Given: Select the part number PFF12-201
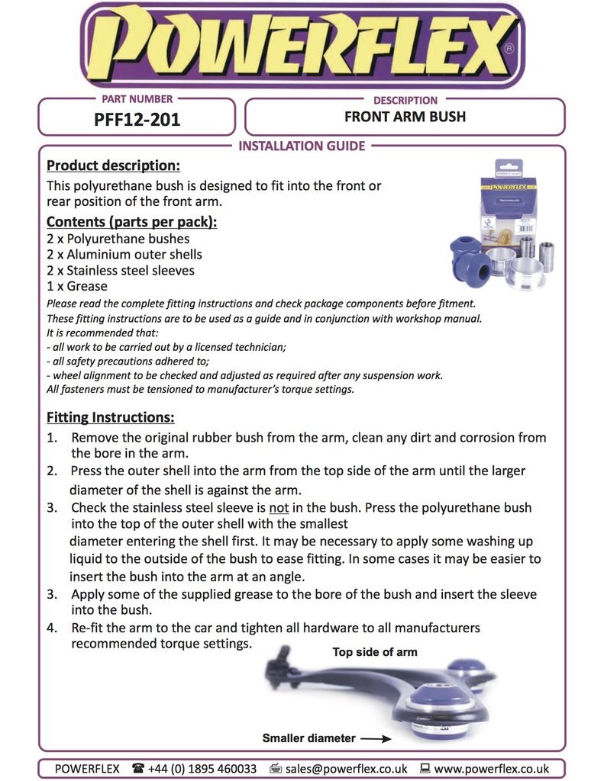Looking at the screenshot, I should pyautogui.click(x=137, y=119).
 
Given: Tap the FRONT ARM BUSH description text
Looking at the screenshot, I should pyautogui.click(x=405, y=117).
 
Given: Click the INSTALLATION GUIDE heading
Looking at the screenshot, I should pyautogui.click(x=302, y=146).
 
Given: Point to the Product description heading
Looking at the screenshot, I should pyautogui.click(x=113, y=166).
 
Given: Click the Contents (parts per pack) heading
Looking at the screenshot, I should pyautogui.click(x=131, y=222).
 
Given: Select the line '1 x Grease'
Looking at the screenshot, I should pyautogui.click(x=77, y=287).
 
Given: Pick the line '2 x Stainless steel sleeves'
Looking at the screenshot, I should pyautogui.click(x=121, y=271).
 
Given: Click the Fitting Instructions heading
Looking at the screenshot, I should pyautogui.click(x=110, y=418).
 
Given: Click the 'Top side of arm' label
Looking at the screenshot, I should pyautogui.click(x=375, y=652).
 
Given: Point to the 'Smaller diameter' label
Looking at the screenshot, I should pyautogui.click(x=308, y=738).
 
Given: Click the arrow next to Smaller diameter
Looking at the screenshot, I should pyautogui.click(x=376, y=738).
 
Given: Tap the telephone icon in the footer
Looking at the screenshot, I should pyautogui.click(x=137, y=769).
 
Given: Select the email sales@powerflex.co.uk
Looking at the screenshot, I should pyautogui.click(x=346, y=769).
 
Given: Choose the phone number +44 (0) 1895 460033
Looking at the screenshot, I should pyautogui.click(x=202, y=769).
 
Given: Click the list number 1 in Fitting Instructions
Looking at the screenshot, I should pyautogui.click(x=51, y=438).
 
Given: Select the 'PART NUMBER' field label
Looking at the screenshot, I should pyautogui.click(x=137, y=99).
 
